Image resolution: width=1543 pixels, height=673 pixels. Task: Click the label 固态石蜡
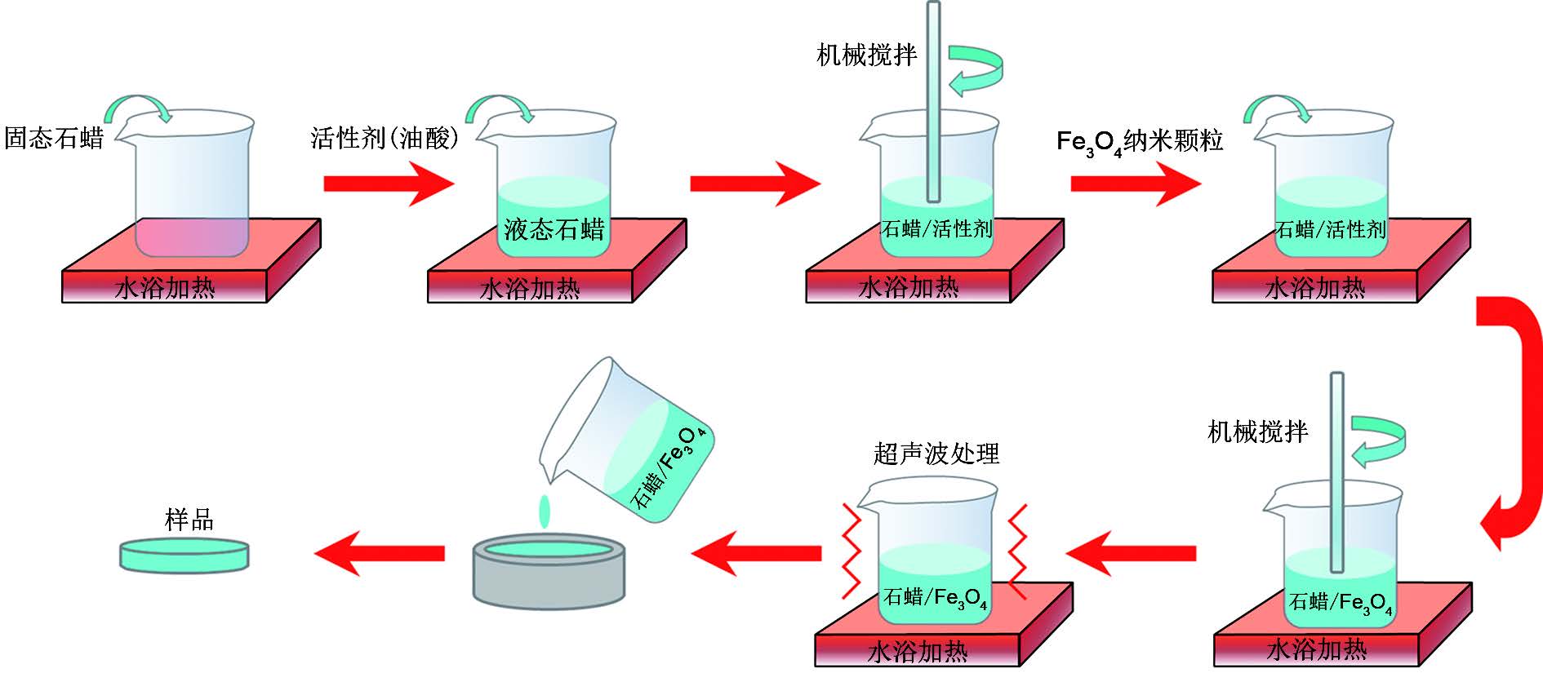(54, 138)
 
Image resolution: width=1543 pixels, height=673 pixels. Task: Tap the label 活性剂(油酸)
(385, 138)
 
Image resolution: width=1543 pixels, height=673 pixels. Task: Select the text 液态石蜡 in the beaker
(554, 229)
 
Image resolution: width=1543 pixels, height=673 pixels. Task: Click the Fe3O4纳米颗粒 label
(1140, 142)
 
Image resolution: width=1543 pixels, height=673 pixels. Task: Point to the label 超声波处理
(936, 454)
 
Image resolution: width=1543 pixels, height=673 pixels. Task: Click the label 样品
(189, 520)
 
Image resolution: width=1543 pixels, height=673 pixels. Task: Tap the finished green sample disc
(185, 555)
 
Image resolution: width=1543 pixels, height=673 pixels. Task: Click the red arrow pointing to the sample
(380, 553)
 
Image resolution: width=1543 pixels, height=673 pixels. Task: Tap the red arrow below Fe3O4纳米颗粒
(1136, 184)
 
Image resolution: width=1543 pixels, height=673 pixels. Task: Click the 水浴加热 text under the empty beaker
(166, 288)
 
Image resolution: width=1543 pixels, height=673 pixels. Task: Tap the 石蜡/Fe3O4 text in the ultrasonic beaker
(936, 598)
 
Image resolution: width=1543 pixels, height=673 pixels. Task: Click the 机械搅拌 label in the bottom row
(1258, 432)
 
